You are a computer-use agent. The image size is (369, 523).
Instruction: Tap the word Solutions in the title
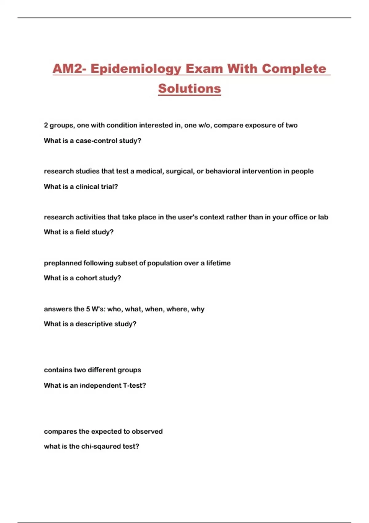tap(189, 89)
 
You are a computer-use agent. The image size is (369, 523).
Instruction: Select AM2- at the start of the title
tap(69, 69)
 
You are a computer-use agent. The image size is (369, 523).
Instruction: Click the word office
tap(298, 217)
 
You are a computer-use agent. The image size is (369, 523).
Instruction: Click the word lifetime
tap(218, 263)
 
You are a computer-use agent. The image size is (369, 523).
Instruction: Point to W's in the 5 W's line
tap(98, 309)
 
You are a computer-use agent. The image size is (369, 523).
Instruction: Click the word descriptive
tap(94, 324)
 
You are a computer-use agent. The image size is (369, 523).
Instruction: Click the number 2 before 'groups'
tap(46, 126)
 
